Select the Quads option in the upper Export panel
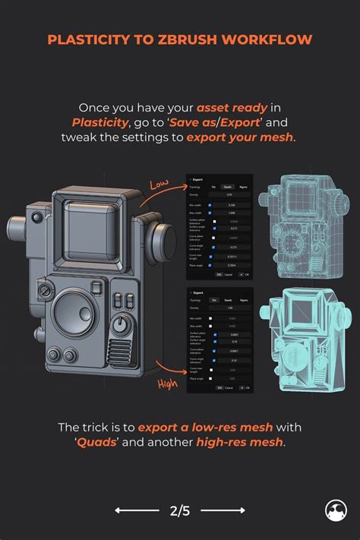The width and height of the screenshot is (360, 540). [x=226, y=185]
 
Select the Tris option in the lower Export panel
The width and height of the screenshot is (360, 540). [x=213, y=300]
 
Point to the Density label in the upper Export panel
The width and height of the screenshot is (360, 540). [x=195, y=194]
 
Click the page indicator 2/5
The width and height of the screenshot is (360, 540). [x=181, y=510]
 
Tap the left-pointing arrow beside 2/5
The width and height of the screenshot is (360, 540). [x=137, y=510]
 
